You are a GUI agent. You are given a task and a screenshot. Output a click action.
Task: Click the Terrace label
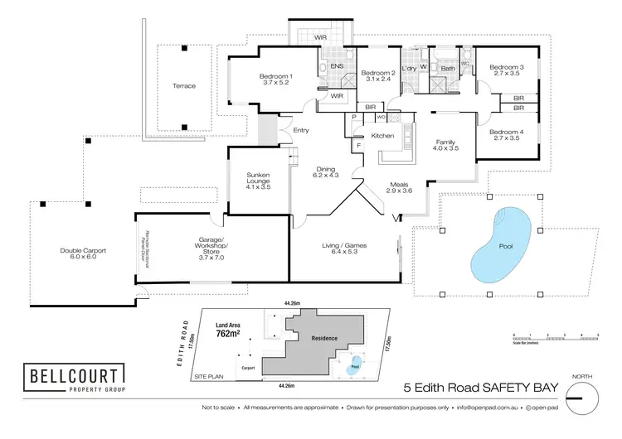[x=183, y=86]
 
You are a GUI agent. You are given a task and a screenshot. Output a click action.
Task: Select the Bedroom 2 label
[x=378, y=76]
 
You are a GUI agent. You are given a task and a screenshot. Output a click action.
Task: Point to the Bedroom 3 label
[x=505, y=70]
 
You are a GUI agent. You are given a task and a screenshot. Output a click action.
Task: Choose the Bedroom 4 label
[x=505, y=135]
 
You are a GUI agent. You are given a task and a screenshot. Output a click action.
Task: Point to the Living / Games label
[x=344, y=249]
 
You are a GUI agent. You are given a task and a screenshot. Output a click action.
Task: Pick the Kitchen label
[x=382, y=135]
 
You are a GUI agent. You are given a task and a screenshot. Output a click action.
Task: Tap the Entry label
[x=300, y=129]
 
